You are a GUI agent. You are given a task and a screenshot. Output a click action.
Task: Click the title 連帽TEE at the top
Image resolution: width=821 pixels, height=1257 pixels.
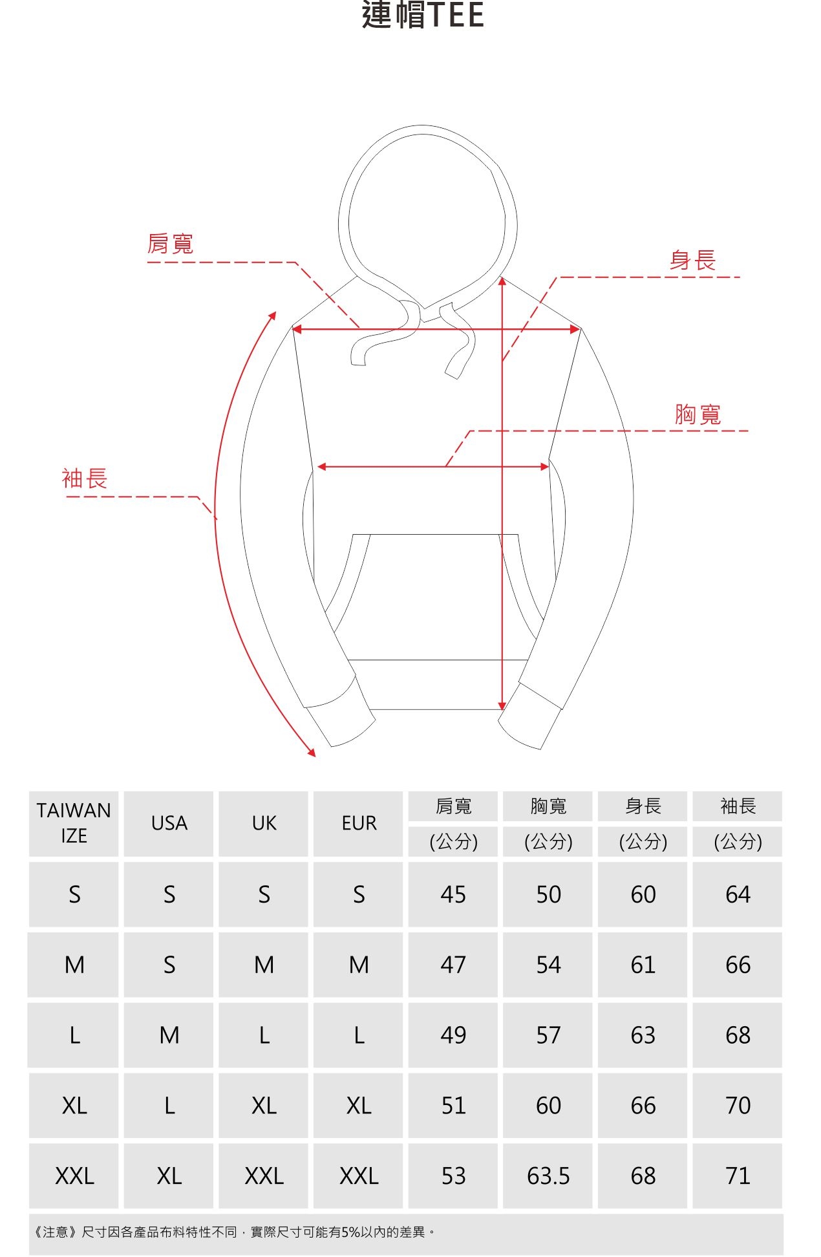click(x=423, y=16)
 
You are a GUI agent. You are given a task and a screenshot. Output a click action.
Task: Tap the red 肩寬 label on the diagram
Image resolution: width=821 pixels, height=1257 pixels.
click(x=170, y=244)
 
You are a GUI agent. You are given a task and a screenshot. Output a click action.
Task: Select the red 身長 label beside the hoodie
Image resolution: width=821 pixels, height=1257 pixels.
click(x=692, y=261)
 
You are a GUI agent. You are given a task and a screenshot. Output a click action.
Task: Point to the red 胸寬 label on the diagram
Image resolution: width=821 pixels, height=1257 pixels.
click(x=698, y=414)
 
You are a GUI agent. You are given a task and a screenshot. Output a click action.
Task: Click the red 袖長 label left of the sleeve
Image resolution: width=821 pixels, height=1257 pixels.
click(x=85, y=479)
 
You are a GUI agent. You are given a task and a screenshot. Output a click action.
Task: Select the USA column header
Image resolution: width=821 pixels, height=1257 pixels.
click(x=169, y=823)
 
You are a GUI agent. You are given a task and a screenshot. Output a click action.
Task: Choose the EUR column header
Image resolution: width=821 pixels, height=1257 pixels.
click(x=359, y=823)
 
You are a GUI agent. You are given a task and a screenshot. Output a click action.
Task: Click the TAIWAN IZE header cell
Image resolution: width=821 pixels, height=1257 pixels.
click(x=74, y=823)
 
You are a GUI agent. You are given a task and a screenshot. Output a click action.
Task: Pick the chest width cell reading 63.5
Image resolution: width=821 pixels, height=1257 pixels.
click(x=548, y=1176)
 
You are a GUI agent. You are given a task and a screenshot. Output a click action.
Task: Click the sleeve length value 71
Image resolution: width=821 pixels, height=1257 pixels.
click(x=738, y=1176)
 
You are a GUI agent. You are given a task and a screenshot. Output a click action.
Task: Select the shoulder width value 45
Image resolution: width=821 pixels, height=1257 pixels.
click(x=453, y=894)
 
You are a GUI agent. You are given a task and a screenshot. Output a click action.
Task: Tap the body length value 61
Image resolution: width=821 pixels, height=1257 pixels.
click(x=643, y=965)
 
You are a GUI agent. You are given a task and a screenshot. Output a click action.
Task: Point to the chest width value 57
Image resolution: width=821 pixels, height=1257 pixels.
click(x=548, y=1035)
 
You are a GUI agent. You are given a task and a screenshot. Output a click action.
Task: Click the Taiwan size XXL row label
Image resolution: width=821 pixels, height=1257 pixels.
click(x=74, y=1176)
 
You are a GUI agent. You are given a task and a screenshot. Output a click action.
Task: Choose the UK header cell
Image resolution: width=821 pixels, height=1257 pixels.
click(x=264, y=823)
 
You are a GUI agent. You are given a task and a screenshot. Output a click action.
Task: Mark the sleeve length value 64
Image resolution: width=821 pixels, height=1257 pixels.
click(x=738, y=894)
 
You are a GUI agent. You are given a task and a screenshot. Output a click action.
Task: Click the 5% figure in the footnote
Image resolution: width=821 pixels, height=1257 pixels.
click(x=351, y=1232)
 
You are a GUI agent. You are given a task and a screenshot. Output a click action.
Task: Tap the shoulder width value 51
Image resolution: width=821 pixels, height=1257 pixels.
click(x=453, y=1106)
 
